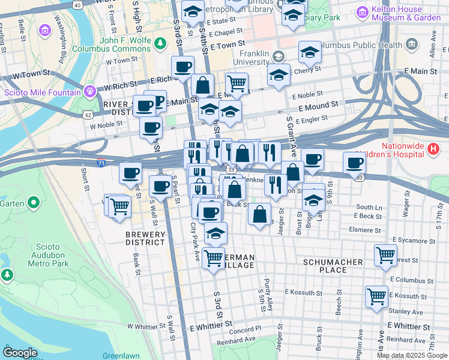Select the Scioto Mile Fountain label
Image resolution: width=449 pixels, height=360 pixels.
[42, 92]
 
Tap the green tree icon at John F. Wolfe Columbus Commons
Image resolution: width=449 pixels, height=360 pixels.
[160, 43]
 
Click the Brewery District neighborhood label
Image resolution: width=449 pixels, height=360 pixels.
[145, 238]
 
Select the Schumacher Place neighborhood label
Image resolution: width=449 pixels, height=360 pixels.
[333, 266]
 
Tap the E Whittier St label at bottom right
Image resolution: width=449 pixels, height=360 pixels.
[411, 326]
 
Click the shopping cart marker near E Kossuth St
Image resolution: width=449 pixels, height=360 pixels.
[376, 295]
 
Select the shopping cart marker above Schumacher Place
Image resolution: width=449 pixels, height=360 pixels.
[385, 254]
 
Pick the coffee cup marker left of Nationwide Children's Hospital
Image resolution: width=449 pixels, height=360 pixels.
[354, 161]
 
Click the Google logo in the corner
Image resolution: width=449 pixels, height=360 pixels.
[20, 353]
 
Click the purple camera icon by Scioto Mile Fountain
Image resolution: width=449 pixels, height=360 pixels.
[89, 92]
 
